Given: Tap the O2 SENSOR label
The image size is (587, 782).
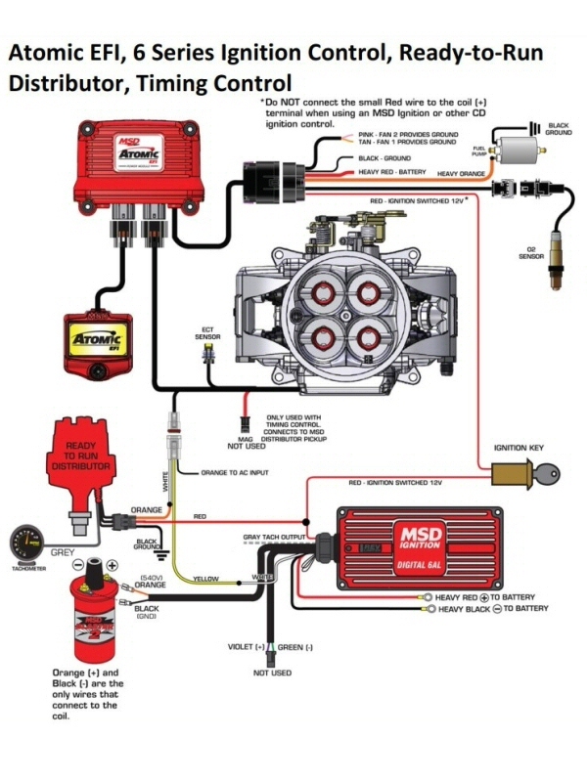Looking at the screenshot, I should point(531,255).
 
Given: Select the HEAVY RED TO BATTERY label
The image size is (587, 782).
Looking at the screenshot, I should point(485,596).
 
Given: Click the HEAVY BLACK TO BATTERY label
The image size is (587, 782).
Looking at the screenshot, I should point(492,609).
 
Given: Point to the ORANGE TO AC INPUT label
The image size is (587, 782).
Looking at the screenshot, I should point(235,472).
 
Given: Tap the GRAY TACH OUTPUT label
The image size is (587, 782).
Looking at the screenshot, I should point(273,538).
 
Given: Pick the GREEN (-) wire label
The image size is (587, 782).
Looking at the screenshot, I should point(296,647).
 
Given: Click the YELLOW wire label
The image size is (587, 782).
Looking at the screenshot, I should point(205,579).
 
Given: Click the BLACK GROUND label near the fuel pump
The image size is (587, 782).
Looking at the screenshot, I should point(558,128).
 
